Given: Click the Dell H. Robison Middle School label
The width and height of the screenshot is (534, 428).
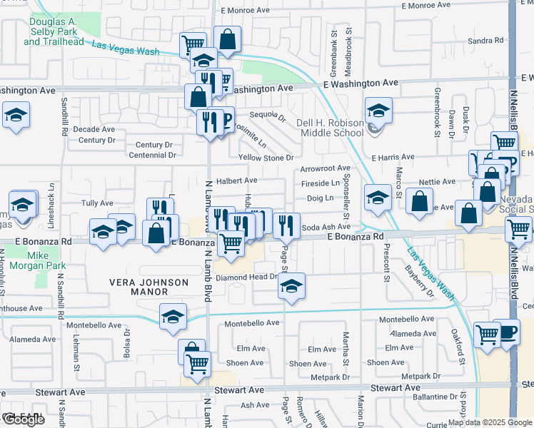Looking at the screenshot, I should click(x=330, y=128).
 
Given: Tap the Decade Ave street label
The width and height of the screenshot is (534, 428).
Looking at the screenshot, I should click(x=94, y=129).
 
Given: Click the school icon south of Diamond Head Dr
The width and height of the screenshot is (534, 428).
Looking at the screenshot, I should click(x=291, y=286).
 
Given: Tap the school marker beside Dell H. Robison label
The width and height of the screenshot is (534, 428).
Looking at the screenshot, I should click(x=378, y=111).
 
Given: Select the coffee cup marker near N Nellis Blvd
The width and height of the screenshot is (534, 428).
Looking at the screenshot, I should click(x=507, y=332).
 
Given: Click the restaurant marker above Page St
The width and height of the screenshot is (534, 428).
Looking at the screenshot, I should click(x=286, y=225).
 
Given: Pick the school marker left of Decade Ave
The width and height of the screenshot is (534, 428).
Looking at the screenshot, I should click(x=15, y=116).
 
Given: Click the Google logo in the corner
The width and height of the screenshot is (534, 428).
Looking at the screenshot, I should click(x=23, y=419).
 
